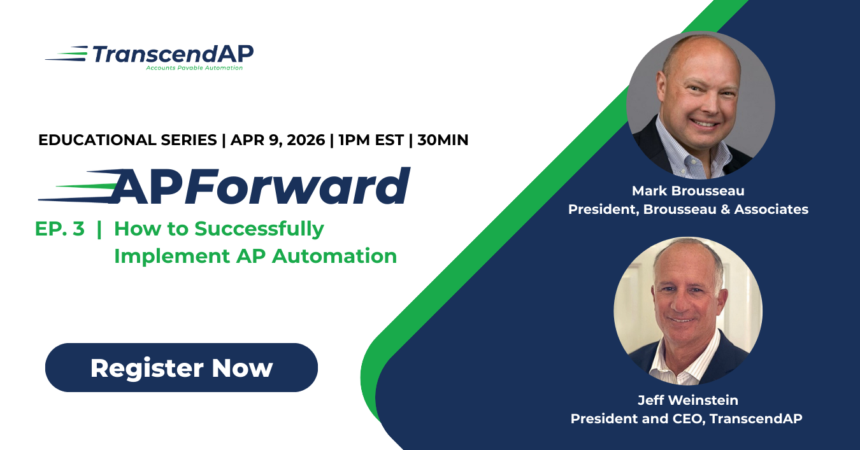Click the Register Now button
coord(181,368)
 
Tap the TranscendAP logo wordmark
coord(173,54)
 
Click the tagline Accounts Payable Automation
coord(194,67)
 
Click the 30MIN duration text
coord(443,140)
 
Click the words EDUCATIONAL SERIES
coord(127,140)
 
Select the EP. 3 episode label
coord(60,229)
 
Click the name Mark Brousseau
coord(688,191)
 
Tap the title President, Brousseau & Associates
coord(688,209)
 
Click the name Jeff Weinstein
coord(688,400)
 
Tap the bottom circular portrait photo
coord(688,311)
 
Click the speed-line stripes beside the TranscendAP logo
coord(66,54)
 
